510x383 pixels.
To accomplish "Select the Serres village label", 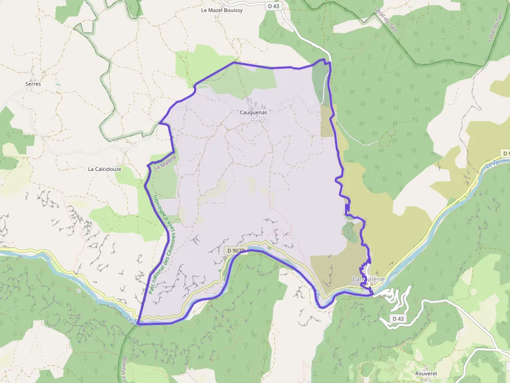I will (x=33, y=84).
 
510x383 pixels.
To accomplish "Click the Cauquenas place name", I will (x=253, y=112).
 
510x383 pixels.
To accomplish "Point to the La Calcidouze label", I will (x=105, y=169).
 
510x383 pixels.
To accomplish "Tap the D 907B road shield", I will (x=235, y=250).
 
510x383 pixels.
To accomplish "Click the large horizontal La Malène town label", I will (x=368, y=279).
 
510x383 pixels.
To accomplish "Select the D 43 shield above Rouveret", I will (x=398, y=318).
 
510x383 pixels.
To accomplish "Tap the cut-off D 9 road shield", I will (x=505, y=153).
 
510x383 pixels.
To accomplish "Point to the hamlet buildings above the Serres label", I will (x=34, y=72).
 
